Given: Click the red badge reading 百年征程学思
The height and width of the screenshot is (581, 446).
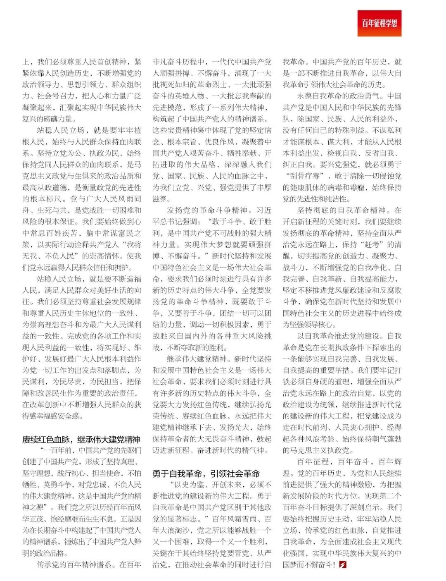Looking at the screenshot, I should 380,24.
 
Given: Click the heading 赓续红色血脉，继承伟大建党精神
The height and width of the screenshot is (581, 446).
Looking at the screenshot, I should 81,439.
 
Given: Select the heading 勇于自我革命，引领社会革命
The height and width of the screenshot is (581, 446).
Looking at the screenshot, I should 206,473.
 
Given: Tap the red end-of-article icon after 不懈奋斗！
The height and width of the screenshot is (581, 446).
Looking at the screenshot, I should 342,564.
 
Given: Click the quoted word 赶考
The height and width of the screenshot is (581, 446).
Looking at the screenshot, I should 373,244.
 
